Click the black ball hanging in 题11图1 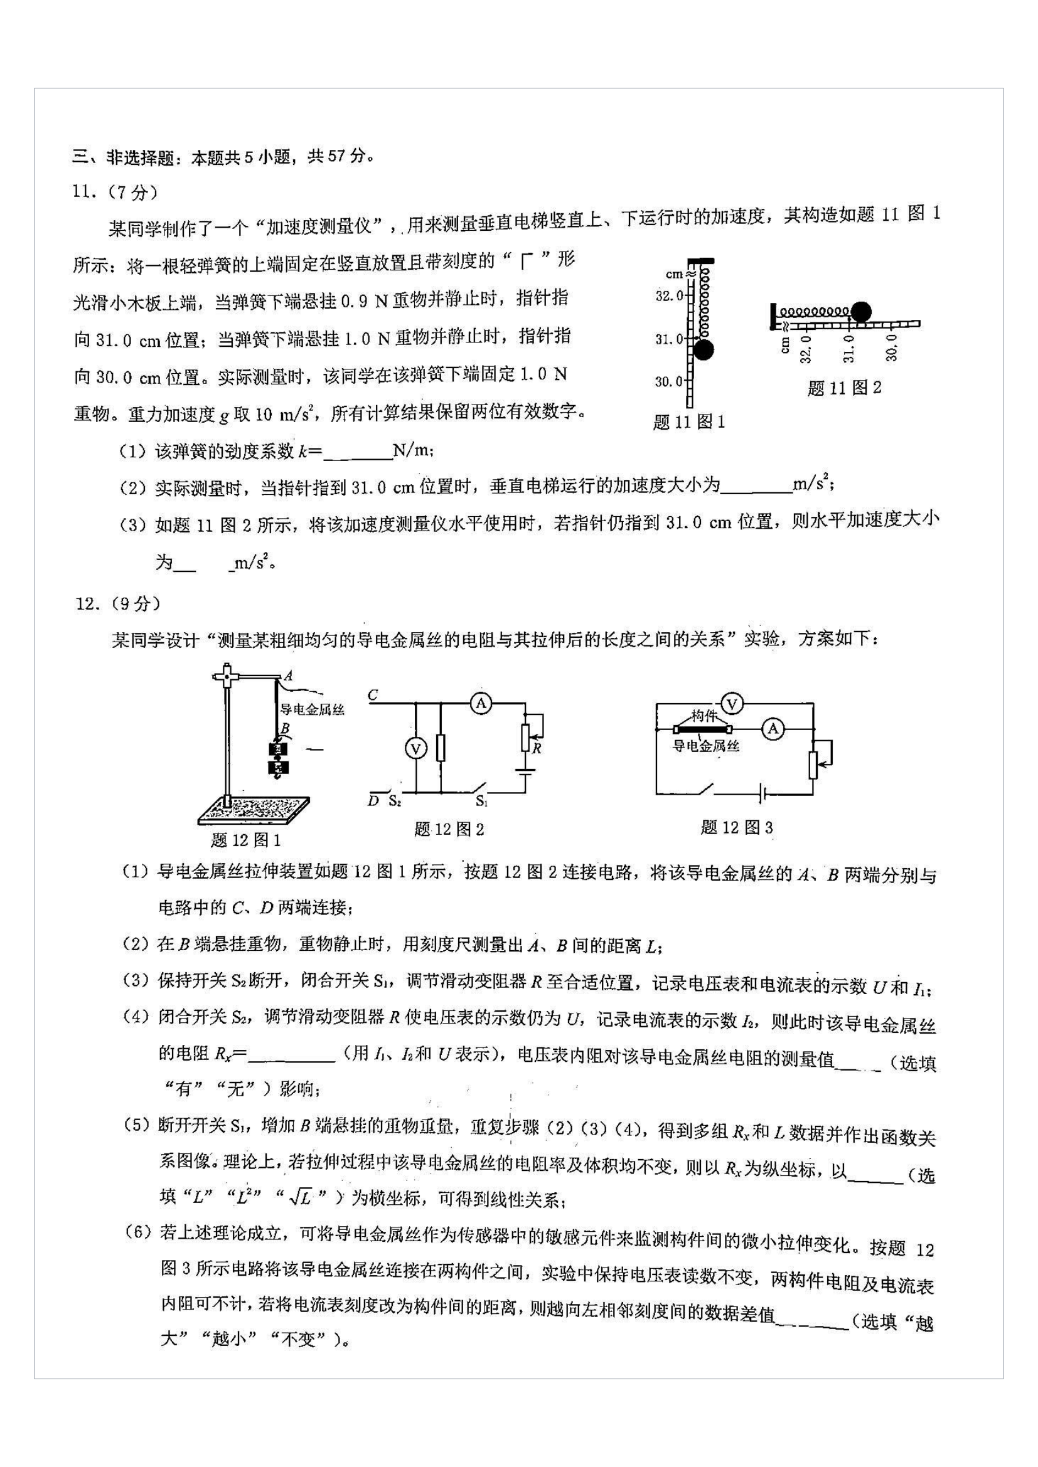click(x=703, y=350)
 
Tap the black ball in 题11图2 click(x=860, y=312)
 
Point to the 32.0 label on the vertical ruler click(x=669, y=296)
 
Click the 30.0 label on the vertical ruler click(x=668, y=382)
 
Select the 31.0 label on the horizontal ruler click(x=849, y=349)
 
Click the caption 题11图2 click(x=843, y=388)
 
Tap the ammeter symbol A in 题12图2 click(x=481, y=704)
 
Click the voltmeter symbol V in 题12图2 click(x=416, y=748)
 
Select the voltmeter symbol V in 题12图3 click(x=732, y=704)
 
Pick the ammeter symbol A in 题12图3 click(x=773, y=728)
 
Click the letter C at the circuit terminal click(x=373, y=694)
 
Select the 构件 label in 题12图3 click(x=703, y=716)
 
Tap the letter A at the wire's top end click(x=288, y=676)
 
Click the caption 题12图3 click(x=736, y=828)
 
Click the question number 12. click(x=84, y=603)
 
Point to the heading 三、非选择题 click(x=123, y=157)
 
